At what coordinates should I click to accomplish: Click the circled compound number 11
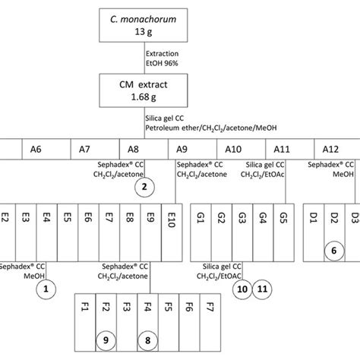263,288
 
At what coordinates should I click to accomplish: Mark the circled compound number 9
107,340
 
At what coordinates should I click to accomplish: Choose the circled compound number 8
148,340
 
